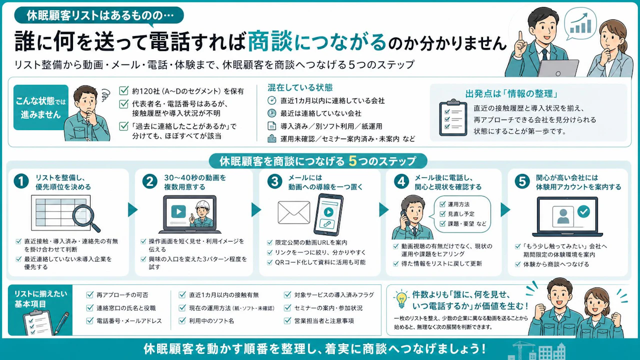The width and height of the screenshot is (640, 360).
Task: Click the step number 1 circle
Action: (x=21, y=181)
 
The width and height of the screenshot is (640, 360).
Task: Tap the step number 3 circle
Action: (x=275, y=181)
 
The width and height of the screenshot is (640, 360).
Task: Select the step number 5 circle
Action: (x=522, y=181)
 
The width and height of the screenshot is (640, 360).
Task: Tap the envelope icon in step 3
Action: (x=293, y=212)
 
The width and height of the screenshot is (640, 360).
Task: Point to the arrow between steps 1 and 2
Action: (x=132, y=209)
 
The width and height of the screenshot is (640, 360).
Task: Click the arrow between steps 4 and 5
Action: (x=505, y=209)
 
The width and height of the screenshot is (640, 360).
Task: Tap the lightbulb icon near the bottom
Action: (x=401, y=298)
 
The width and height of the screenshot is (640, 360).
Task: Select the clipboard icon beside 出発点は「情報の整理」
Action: (x=453, y=117)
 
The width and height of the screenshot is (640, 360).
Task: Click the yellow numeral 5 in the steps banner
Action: (x=353, y=161)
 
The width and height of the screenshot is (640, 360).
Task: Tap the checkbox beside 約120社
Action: (x=123, y=91)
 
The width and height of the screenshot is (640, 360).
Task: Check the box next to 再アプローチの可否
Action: (x=89, y=295)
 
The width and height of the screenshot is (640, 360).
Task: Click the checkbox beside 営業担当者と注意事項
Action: (x=287, y=320)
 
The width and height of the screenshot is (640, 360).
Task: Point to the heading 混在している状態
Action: (x=300, y=87)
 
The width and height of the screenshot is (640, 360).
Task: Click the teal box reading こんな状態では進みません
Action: (x=41, y=107)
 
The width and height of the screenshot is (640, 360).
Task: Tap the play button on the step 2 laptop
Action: (x=178, y=211)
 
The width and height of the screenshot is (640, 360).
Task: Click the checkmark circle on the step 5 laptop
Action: (x=583, y=211)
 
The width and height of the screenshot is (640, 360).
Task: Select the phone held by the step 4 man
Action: (x=404, y=218)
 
